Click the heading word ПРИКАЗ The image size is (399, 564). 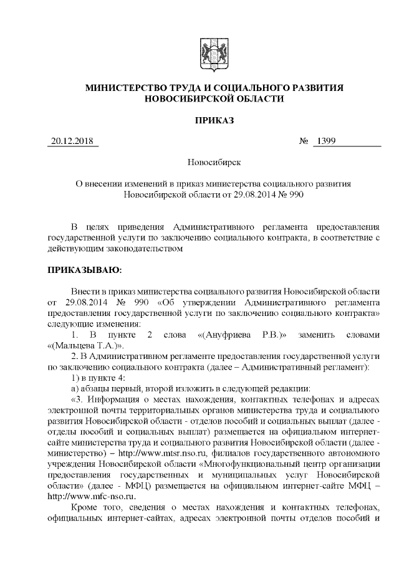(214, 120)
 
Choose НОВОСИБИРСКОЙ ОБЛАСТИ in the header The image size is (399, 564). (214, 99)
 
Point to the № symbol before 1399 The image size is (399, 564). (304, 141)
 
